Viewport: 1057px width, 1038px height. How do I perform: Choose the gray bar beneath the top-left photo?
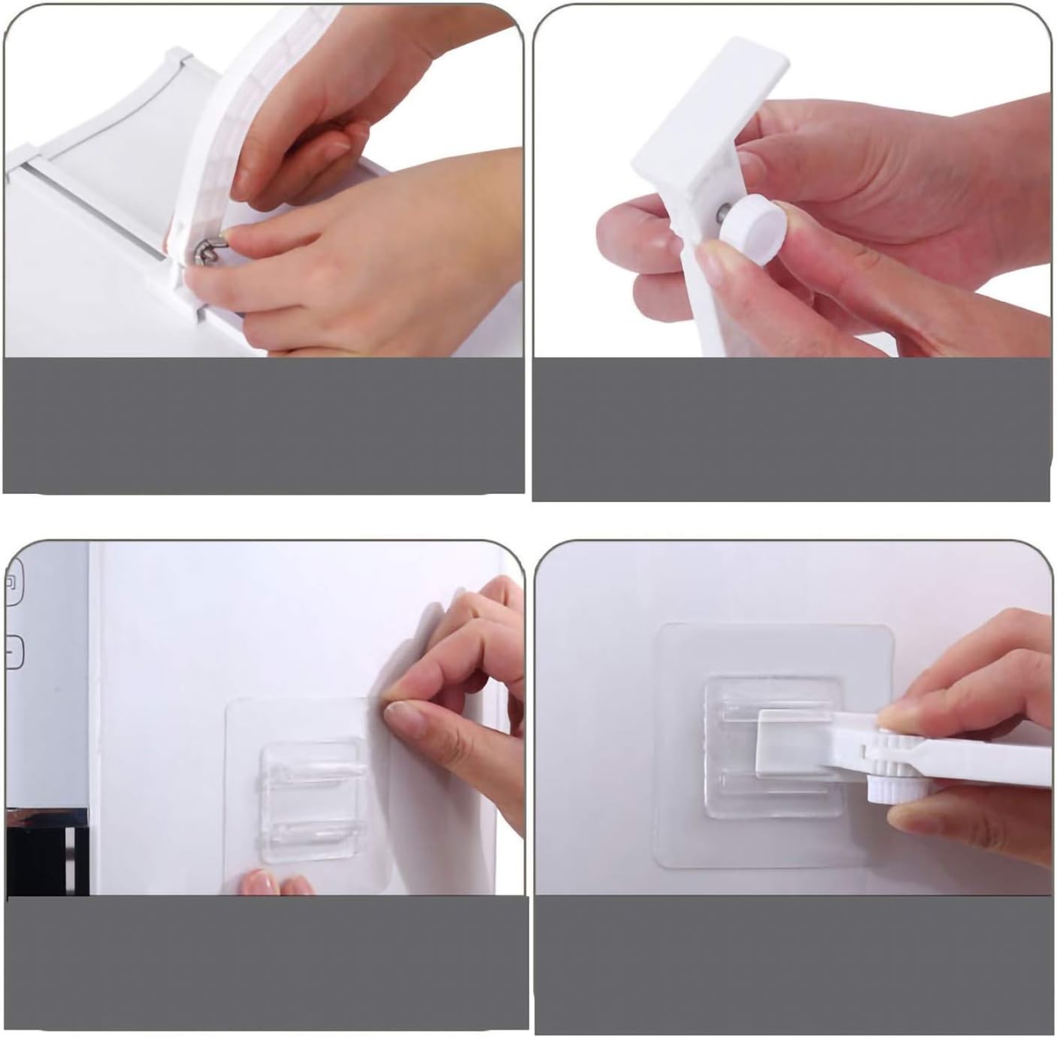pyautogui.click(x=263, y=425)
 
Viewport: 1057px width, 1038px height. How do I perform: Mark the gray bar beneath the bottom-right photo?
pyautogui.click(x=793, y=966)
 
